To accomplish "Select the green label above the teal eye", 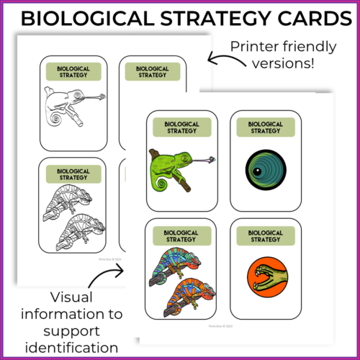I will (265, 127).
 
